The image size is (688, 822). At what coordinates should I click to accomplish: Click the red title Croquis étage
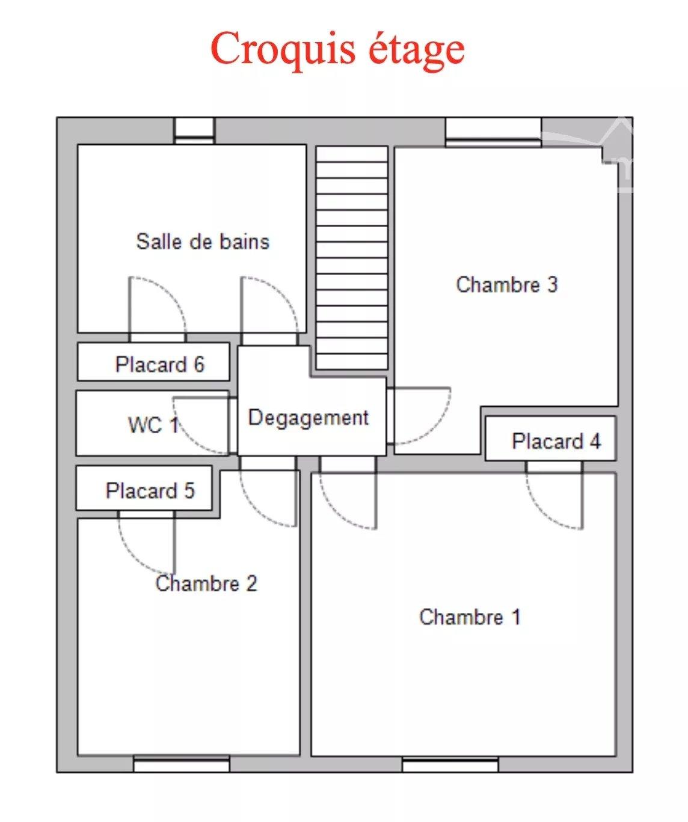point(338,50)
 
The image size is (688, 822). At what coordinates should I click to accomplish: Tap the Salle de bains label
point(203,242)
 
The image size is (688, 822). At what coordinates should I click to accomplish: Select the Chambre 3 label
point(507,284)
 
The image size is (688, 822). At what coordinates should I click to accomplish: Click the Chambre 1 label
point(470,616)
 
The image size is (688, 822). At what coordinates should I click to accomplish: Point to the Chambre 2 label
point(206,583)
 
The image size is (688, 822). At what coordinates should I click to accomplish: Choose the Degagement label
point(309,418)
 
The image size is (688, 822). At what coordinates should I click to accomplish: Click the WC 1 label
point(153,425)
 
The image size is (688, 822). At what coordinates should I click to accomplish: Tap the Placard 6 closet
point(153,362)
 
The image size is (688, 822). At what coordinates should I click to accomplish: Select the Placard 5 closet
point(144,488)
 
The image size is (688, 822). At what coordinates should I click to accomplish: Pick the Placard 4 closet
point(550,439)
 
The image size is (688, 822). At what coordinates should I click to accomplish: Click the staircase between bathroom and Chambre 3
point(351,258)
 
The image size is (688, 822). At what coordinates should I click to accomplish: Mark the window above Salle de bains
point(194,131)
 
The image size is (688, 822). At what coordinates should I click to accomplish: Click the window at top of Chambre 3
point(493,132)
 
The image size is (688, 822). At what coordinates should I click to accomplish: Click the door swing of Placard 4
point(543,512)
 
